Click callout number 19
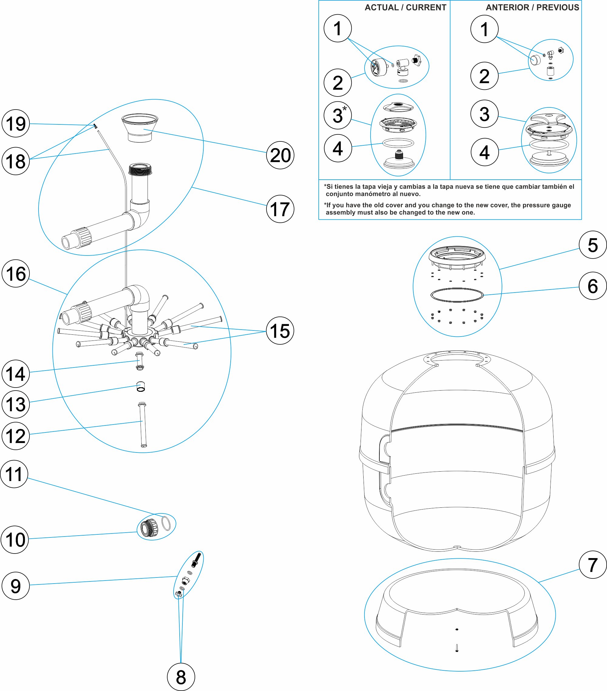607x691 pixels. [x=15, y=124]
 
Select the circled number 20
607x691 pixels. [x=280, y=155]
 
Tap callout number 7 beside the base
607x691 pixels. [x=592, y=564]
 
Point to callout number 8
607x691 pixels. [x=181, y=677]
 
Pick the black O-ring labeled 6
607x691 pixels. [x=457, y=295]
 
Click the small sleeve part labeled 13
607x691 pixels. [x=141, y=386]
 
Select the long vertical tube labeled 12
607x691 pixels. [x=142, y=425]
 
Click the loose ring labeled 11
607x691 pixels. [x=166, y=523]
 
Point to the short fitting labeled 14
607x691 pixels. [x=140, y=361]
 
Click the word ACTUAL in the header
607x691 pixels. [x=382, y=8]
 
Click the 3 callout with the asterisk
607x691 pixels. [x=337, y=115]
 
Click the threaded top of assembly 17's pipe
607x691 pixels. [x=140, y=169]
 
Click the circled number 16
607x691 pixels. [x=15, y=273]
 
